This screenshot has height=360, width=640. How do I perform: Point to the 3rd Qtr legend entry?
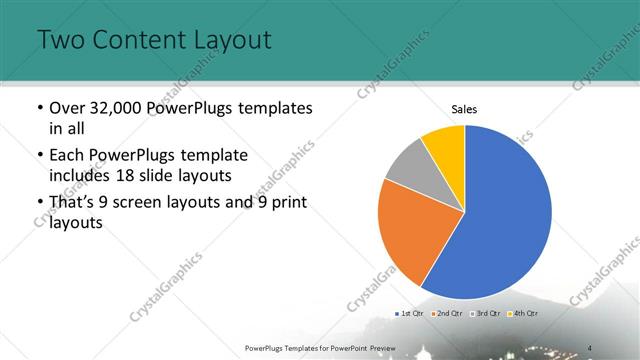click(x=485, y=314)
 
